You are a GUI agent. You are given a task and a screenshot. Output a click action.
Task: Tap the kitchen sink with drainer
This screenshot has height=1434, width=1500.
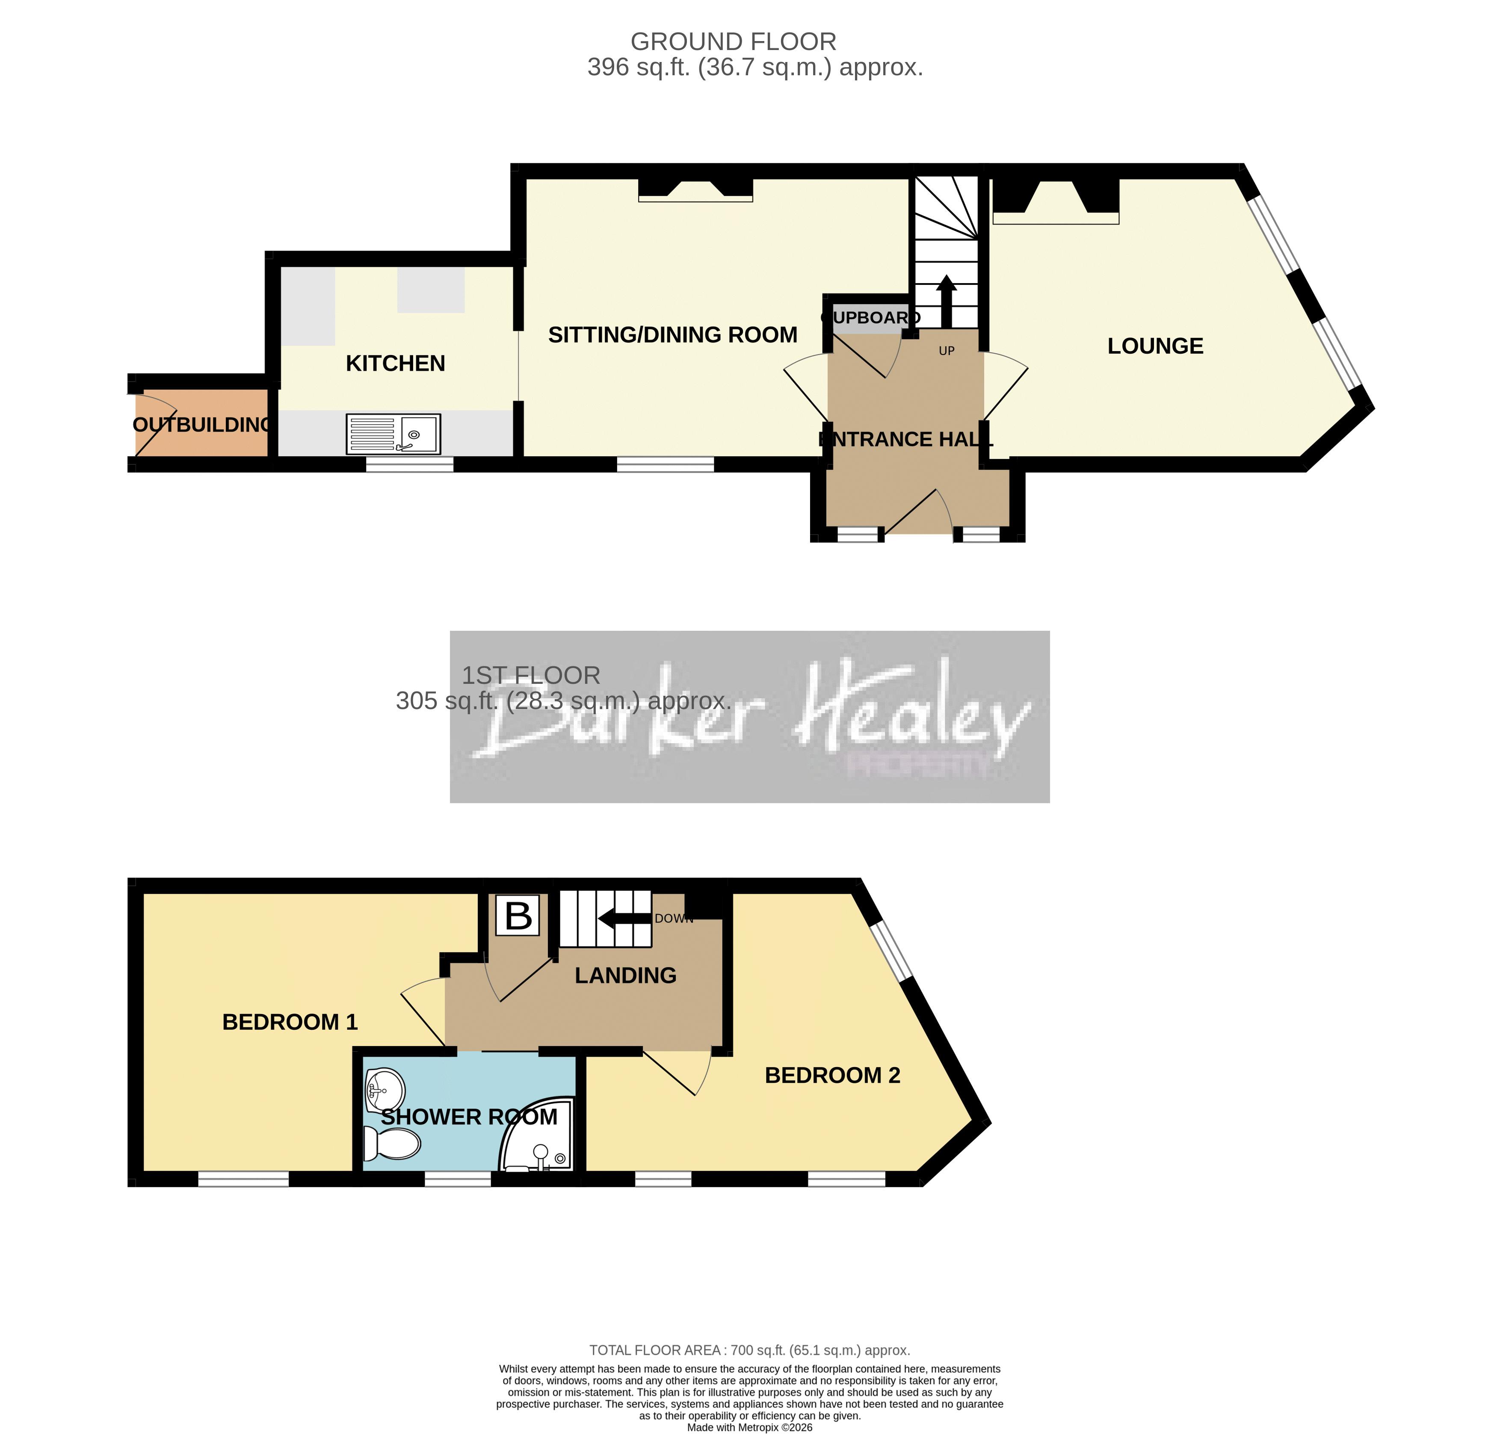[x=393, y=433]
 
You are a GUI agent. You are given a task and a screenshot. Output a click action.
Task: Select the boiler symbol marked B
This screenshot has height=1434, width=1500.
[x=518, y=915]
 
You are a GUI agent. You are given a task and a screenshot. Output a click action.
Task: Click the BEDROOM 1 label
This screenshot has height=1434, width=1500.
[x=290, y=1022]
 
